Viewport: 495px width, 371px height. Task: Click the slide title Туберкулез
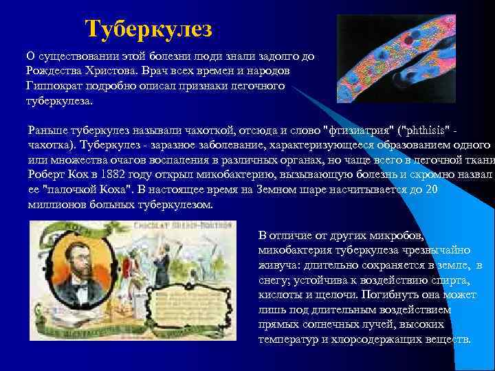click(x=149, y=29)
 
